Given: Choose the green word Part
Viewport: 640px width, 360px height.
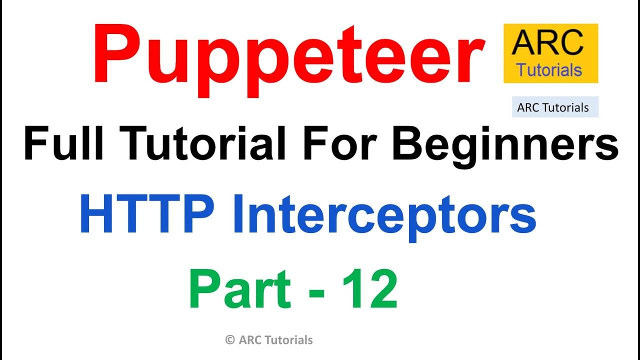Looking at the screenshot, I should point(240,288).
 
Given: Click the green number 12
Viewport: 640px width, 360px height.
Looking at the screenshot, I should point(370,288).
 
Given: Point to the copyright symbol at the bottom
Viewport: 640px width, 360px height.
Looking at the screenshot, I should point(230,340).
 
